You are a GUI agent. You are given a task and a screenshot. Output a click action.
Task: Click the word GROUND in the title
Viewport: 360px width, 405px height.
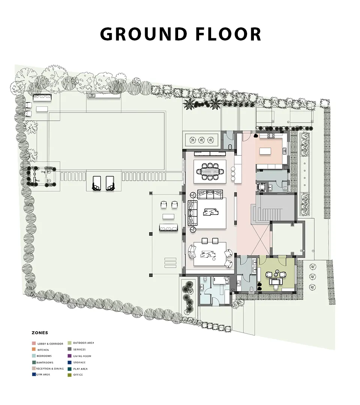(x=144, y=34)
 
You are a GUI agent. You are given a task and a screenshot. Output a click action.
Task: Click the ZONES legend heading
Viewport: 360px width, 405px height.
(x=40, y=333)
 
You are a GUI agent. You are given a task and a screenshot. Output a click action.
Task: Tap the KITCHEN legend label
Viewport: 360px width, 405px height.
(x=43, y=350)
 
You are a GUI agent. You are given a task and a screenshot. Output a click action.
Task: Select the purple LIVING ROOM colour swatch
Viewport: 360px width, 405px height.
(x=69, y=356)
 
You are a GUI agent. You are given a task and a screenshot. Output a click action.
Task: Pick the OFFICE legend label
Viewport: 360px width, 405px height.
(x=78, y=375)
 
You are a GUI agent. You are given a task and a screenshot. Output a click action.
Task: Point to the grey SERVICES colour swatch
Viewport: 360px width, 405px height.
(x=69, y=349)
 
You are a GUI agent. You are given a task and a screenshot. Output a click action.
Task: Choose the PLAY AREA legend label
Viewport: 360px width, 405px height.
(x=80, y=369)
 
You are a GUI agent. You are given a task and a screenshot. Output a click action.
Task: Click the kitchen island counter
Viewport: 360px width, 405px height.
(x=265, y=151)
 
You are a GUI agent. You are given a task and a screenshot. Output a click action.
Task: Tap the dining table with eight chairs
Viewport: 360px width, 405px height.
(x=210, y=171)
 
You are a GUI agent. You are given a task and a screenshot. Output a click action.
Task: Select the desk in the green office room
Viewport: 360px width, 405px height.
(x=276, y=281)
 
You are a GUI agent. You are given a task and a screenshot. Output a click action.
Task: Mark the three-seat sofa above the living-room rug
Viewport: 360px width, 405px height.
(x=210, y=194)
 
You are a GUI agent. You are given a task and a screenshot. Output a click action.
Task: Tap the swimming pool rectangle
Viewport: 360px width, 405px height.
(x=106, y=141)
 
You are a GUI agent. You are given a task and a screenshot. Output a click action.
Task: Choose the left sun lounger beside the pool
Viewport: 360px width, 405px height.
(x=97, y=183)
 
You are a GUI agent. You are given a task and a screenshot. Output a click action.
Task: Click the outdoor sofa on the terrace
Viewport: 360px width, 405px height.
(x=169, y=228)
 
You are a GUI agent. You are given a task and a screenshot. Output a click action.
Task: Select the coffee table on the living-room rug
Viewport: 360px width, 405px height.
(x=211, y=212)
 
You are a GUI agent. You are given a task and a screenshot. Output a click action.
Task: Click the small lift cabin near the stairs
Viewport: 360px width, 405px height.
(x=262, y=186)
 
